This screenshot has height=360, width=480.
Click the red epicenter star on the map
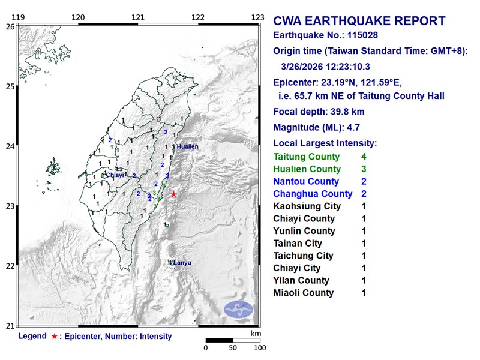174,194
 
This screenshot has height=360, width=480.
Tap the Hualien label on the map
187,146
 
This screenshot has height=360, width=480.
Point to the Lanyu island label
183,262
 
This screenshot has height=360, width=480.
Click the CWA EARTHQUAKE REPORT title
359,22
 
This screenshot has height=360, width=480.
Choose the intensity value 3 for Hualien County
364,169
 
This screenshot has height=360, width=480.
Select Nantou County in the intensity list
305,182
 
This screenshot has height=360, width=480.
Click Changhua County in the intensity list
313,194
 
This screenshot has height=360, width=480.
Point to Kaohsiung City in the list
307,206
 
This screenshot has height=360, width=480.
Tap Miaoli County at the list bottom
303,293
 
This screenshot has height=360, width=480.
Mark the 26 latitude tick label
10,26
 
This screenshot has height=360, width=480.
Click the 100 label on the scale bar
259,348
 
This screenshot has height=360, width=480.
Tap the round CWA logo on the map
239,310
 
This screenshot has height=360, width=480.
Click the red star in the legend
55,337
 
